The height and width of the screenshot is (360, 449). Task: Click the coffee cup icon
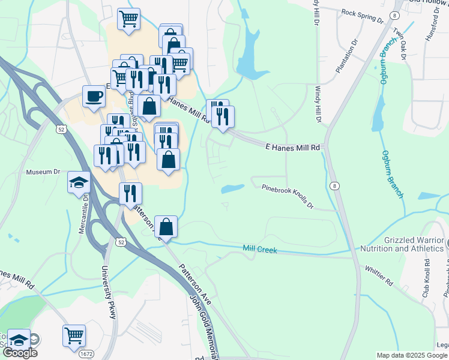click(94, 97)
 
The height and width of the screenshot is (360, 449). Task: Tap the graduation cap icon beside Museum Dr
click(79, 181)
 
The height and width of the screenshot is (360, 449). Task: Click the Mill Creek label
click(260, 249)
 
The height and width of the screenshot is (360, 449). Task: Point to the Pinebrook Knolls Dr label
click(288, 196)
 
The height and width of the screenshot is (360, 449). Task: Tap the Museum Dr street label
click(44, 172)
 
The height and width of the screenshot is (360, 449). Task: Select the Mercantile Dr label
click(85, 213)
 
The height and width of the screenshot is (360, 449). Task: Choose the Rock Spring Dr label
click(362, 14)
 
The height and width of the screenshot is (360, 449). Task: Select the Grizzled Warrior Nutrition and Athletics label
click(402, 244)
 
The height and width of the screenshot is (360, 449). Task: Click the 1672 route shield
click(86, 354)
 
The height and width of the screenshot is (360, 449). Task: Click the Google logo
click(19, 353)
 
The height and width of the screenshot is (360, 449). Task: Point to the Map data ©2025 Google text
click(411, 355)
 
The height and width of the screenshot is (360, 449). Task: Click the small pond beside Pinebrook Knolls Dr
click(232, 189)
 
